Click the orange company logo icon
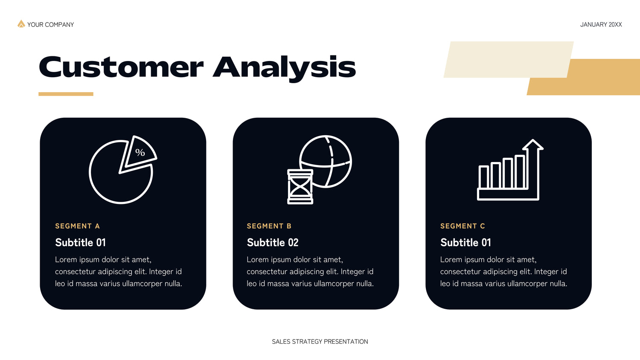coord(21,24)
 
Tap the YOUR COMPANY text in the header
coord(51,25)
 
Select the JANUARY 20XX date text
coord(601,25)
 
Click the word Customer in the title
coord(121,67)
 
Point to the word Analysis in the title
coord(284,69)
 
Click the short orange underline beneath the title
coord(66,94)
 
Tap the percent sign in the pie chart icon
coord(140,152)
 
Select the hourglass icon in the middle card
coord(300,186)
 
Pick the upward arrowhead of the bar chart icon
coord(533,145)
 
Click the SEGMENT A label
coord(77,226)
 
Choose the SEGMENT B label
coord(269,226)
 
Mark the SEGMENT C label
coord(463,226)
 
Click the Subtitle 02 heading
coord(273,242)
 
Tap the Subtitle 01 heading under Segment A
coord(80,242)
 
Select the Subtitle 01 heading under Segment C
coord(465,242)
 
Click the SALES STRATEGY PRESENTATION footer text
coord(320,342)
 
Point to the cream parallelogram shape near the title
coord(509,59)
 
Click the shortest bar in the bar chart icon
coord(484,177)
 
